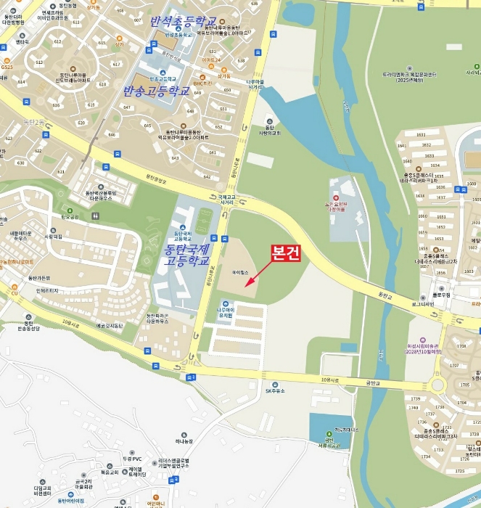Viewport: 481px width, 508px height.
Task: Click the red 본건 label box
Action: [286, 253]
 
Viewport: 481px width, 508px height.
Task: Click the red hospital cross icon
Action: [336, 197]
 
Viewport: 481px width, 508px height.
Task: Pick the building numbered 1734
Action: [427, 456]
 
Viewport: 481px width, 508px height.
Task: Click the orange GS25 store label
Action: [7, 65]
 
